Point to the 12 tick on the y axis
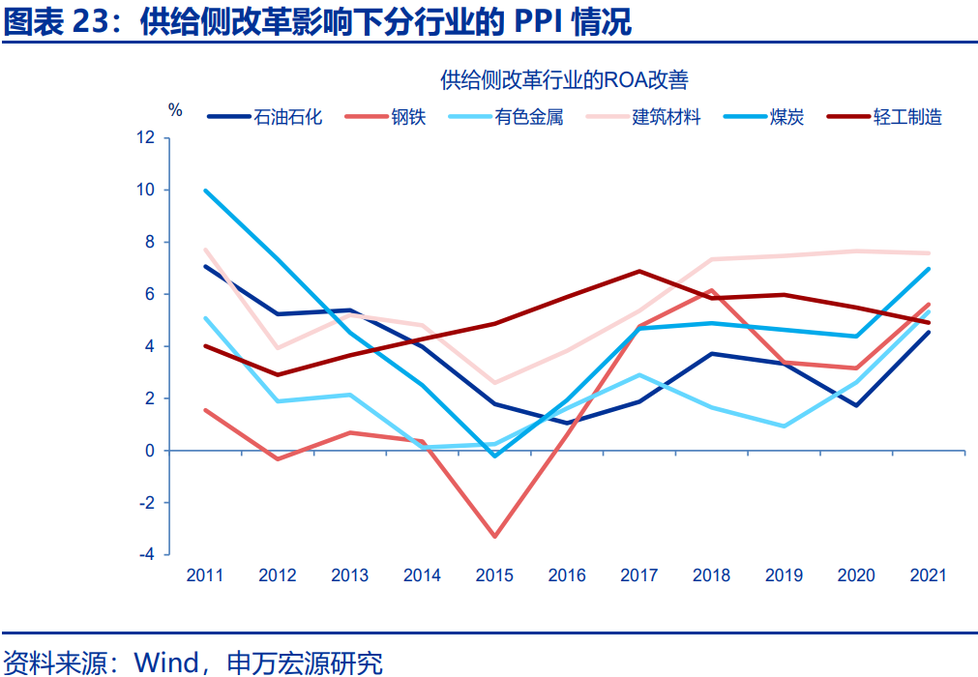coord(145,138)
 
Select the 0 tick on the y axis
coord(149,451)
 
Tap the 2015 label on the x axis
coord(494,575)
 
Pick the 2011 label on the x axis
coord(205,575)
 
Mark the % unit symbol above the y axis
coord(175,109)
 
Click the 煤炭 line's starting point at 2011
coord(205,191)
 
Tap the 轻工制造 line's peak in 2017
coord(639,271)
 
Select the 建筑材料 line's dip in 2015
coord(494,383)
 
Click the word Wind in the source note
coord(166,662)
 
